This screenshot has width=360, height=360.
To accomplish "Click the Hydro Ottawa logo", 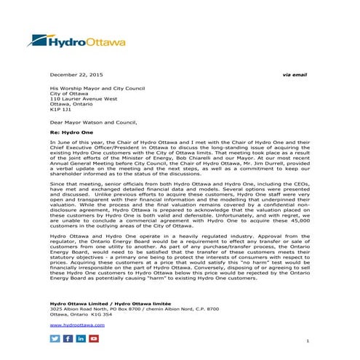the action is pyautogui.click(x=80, y=42).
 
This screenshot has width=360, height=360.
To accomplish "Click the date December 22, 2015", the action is pyautogui.click(x=76, y=76).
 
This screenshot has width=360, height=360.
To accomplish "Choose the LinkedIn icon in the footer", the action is pyautogui.click(x=80, y=339).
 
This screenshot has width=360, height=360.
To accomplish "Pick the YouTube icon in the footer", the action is pyautogui.click(x=93, y=339).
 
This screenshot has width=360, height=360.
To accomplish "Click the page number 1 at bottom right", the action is pyautogui.click(x=308, y=341).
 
